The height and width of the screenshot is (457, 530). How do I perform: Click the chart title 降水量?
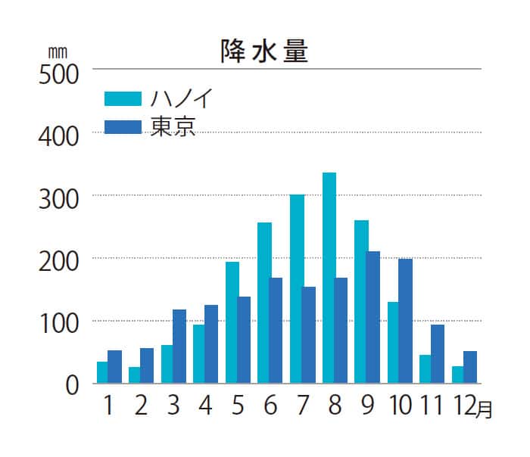(264, 51)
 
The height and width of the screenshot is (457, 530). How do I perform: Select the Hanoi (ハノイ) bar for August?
(329, 278)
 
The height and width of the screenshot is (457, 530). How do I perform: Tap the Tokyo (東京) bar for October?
(405, 321)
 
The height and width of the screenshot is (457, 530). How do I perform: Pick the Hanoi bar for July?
(297, 289)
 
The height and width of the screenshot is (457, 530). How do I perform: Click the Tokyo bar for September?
(373, 317)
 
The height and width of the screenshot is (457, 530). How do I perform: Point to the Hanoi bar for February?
(134, 375)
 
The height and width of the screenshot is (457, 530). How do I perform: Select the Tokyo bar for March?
(179, 347)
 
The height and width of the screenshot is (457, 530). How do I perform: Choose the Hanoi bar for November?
(426, 369)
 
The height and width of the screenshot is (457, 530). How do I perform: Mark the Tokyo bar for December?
(469, 367)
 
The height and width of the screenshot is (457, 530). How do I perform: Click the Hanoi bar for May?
(232, 322)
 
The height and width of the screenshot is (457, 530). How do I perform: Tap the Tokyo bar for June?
(276, 331)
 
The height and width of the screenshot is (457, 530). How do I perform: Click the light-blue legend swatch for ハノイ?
(123, 99)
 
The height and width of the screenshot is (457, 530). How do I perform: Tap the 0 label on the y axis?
(72, 386)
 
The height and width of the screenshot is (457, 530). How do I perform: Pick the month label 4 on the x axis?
(204, 406)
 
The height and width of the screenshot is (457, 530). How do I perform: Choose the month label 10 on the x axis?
(399, 406)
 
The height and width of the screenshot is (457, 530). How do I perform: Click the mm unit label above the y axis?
(58, 52)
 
